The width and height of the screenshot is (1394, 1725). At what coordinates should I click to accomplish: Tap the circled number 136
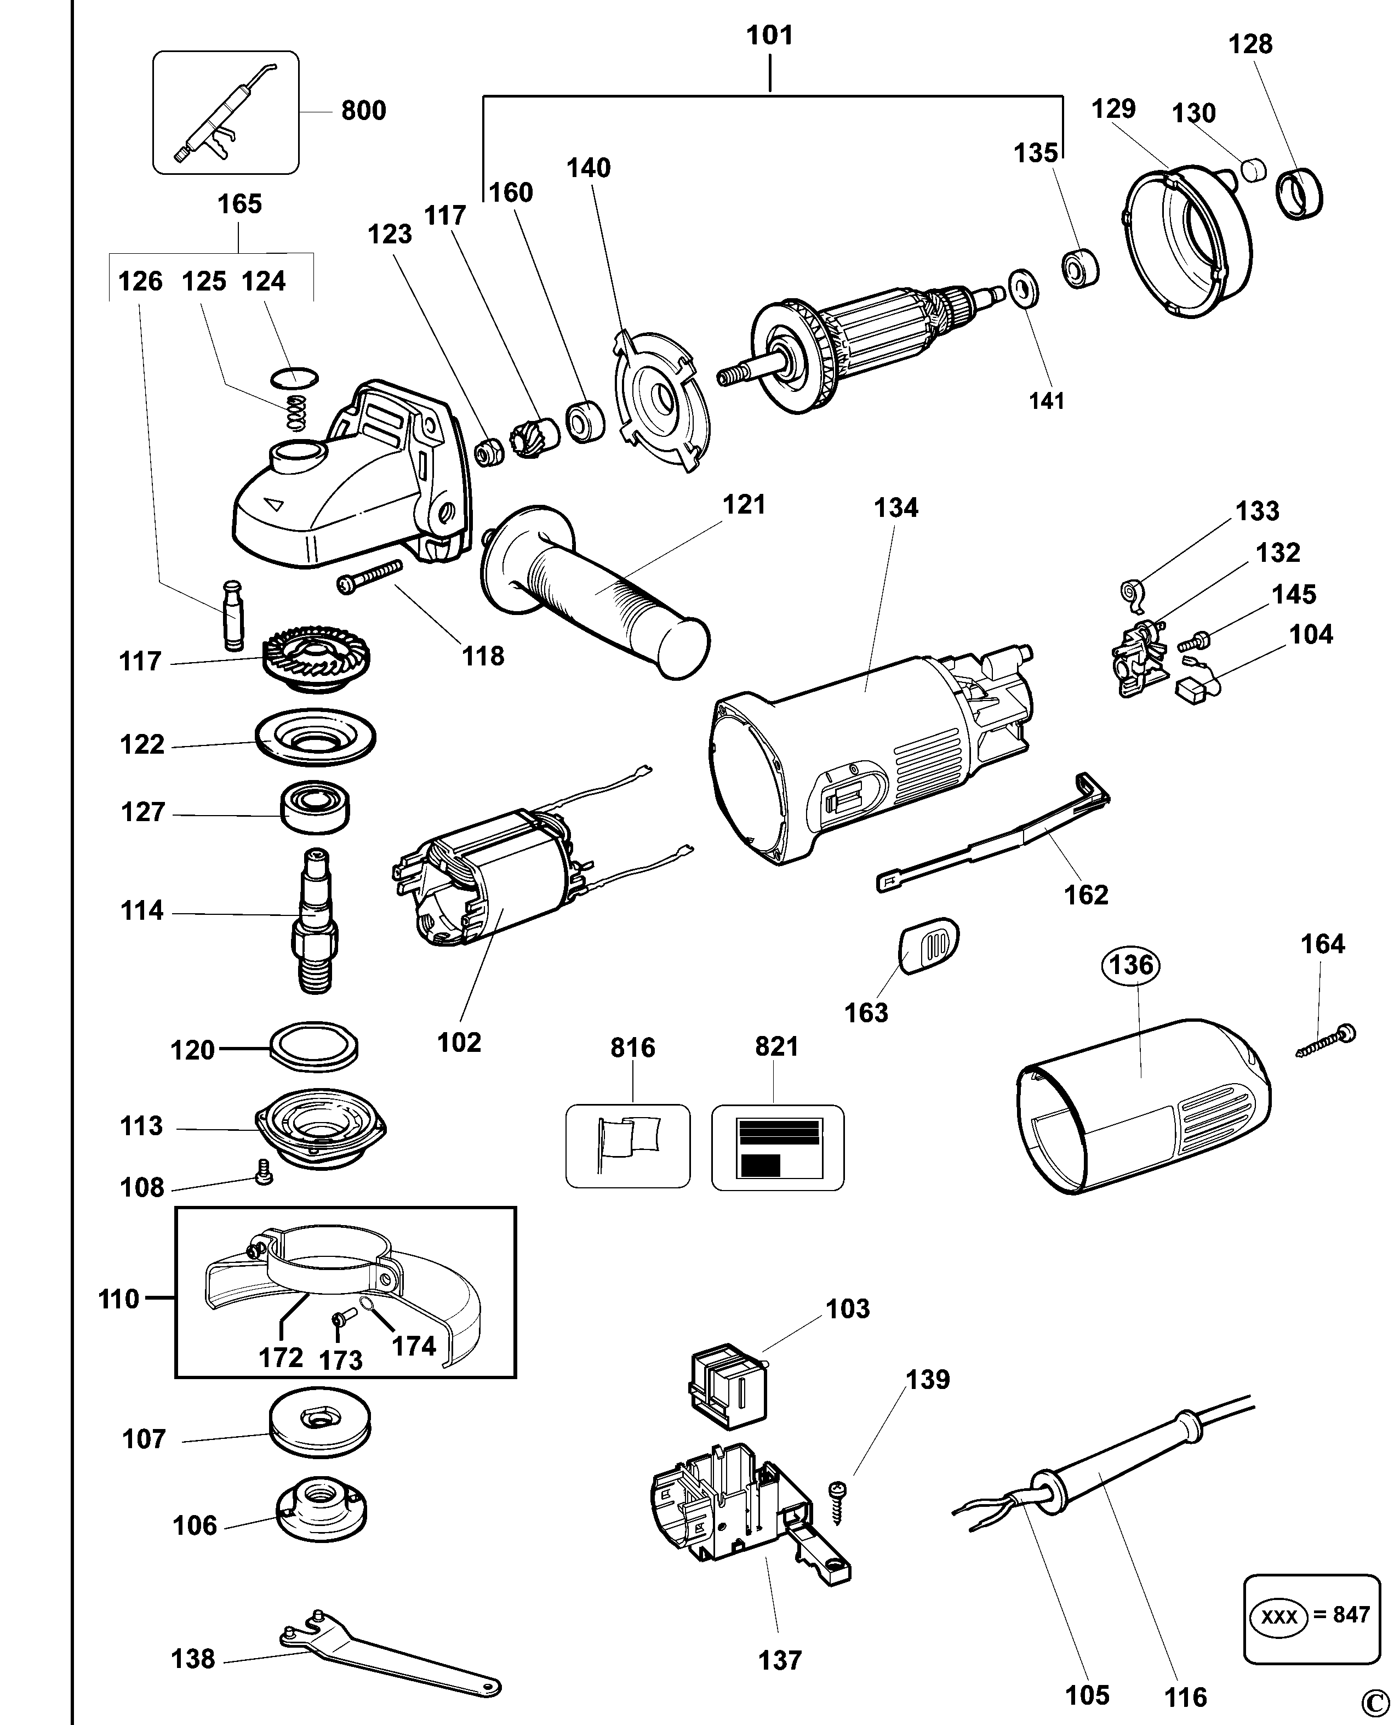pos(1132,965)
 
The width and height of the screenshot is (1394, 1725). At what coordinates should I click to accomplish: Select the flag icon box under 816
pos(627,1147)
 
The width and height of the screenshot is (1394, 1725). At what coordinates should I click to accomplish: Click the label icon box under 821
pos(778,1147)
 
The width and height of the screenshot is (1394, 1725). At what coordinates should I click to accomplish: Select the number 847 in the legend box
pos(1351,1614)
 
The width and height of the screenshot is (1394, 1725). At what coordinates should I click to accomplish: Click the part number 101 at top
pos(769,35)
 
